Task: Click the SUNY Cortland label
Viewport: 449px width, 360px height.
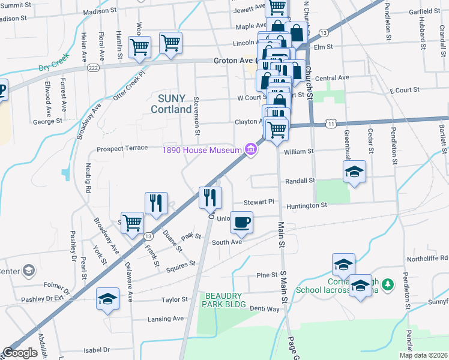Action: click(x=175, y=103)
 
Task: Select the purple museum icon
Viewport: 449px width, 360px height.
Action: click(x=250, y=149)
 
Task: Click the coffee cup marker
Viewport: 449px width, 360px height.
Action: click(x=241, y=222)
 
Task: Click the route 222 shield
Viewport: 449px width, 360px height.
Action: click(x=93, y=69)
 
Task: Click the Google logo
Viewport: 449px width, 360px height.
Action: click(x=20, y=353)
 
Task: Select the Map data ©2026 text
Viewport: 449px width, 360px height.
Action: click(x=423, y=355)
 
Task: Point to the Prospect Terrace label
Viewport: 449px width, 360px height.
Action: click(x=122, y=148)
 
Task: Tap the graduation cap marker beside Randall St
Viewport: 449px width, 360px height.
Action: click(x=354, y=172)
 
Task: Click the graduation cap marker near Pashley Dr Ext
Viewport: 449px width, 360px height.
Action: click(x=108, y=298)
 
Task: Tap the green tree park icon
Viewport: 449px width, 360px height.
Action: click(x=388, y=283)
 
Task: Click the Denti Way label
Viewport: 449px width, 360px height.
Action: click(x=265, y=309)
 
